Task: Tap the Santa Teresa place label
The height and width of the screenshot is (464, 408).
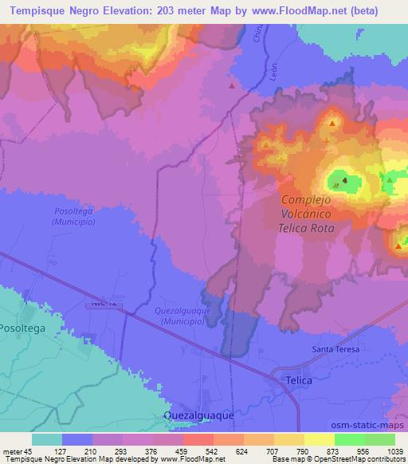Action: (x=335, y=349)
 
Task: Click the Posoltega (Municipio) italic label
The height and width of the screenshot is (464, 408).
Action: (x=74, y=217)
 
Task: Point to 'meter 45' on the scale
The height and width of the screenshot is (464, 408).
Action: (x=17, y=451)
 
